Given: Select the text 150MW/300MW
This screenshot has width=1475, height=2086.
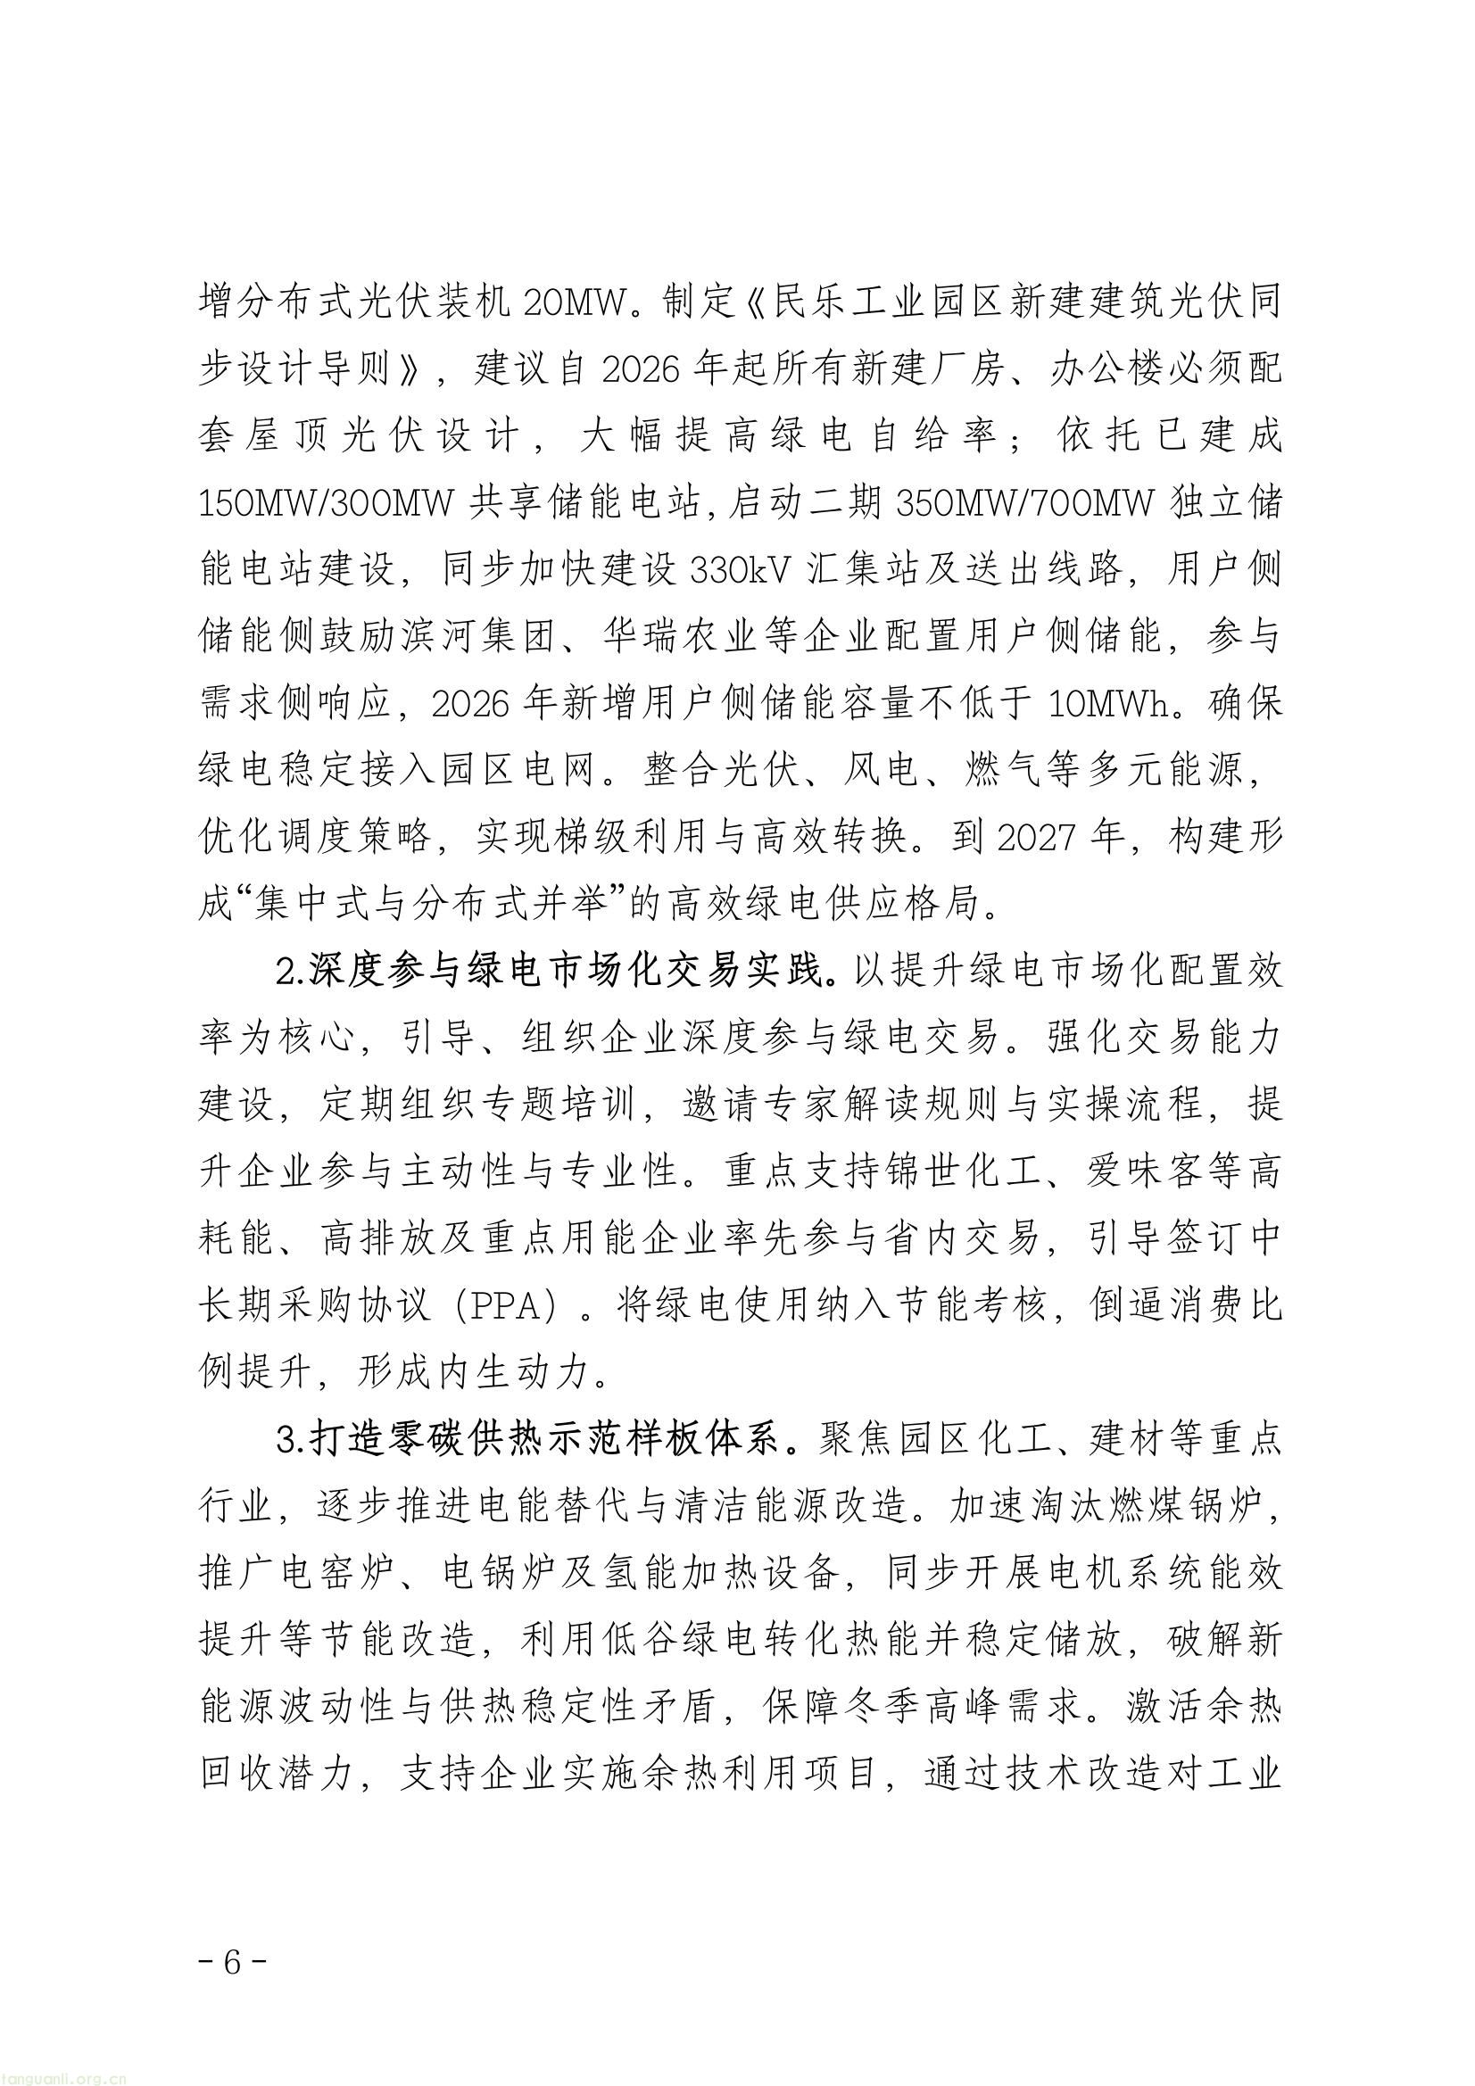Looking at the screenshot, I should (x=328, y=502).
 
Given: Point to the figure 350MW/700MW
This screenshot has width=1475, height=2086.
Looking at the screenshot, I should (x=1024, y=502).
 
